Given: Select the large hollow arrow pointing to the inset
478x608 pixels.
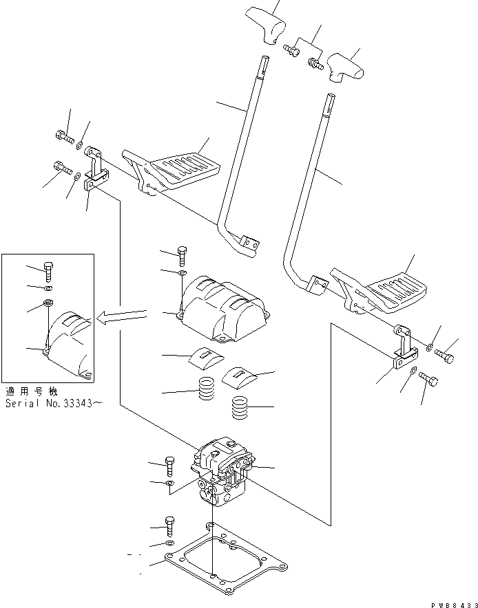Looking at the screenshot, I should (123, 316).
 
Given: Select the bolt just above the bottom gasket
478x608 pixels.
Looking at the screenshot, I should (170, 528).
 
